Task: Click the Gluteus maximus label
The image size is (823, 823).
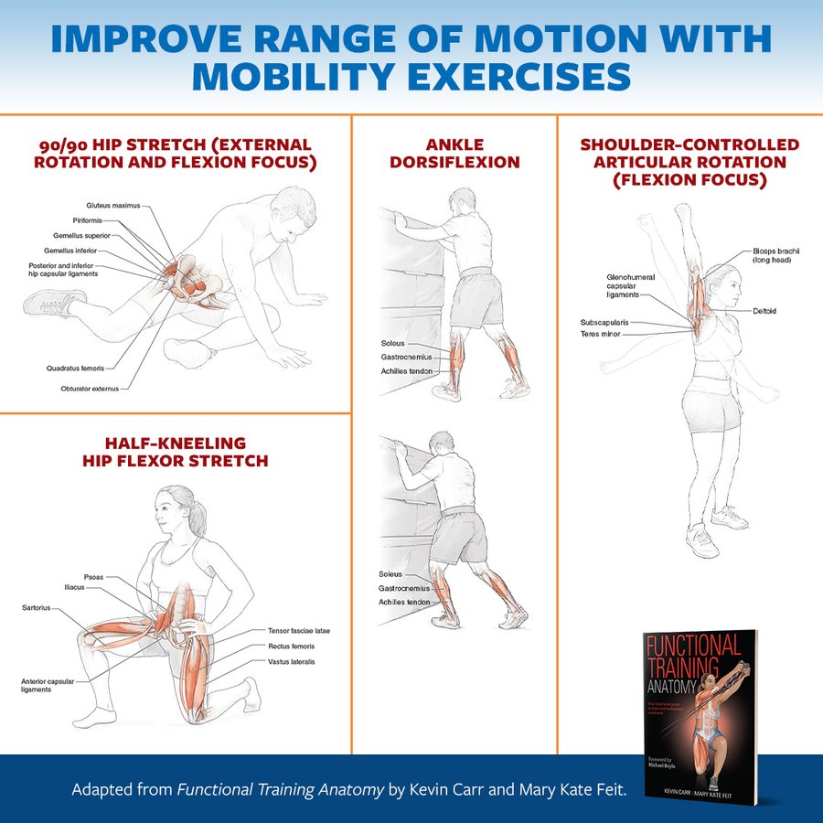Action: (113, 206)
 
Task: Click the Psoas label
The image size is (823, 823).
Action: (93, 577)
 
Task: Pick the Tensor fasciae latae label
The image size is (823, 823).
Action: (299, 631)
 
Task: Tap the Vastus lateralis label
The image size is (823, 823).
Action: (291, 661)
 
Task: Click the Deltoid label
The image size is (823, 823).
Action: (765, 311)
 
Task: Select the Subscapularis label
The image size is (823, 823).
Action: (604, 323)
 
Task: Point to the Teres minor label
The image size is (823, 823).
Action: (600, 335)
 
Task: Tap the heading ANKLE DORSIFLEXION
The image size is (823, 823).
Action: (454, 154)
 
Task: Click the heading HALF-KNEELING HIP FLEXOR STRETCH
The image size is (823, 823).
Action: (176, 452)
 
